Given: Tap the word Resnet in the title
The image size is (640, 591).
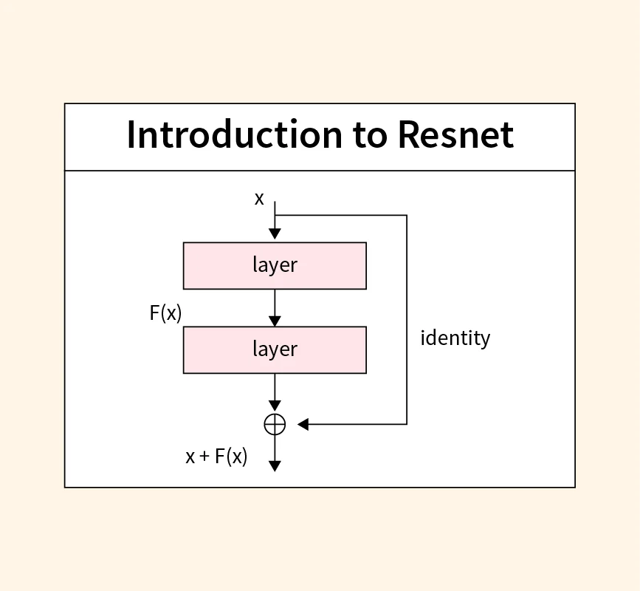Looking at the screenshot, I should point(455,136).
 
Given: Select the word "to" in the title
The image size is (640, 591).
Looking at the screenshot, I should point(370,136).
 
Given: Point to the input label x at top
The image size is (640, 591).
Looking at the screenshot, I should point(259,198).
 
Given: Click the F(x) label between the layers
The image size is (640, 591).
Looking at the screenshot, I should point(165,313).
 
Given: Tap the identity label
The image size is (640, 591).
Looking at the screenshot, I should point(455,338).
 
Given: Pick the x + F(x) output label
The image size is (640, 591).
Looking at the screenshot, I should point(216,457).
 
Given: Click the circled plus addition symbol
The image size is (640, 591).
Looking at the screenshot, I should point(275,424).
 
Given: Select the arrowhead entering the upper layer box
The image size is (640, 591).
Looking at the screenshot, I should point(275,234).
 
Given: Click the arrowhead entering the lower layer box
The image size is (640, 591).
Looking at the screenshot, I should point(275,321).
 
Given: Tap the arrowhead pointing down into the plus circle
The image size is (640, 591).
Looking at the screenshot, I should point(275,406).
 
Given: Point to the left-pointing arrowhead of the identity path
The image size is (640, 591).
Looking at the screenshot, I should point(303,424).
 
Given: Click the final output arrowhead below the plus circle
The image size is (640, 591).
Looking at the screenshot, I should point(275,466).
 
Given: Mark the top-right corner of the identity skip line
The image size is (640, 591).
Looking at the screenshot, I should point(407,216).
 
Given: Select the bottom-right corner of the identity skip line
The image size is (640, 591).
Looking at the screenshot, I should point(407,424).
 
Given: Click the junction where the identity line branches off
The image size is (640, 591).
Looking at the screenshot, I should point(275,216).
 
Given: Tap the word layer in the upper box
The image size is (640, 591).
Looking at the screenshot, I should point(275,265).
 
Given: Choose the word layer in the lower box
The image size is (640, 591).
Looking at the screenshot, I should point(275,349).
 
